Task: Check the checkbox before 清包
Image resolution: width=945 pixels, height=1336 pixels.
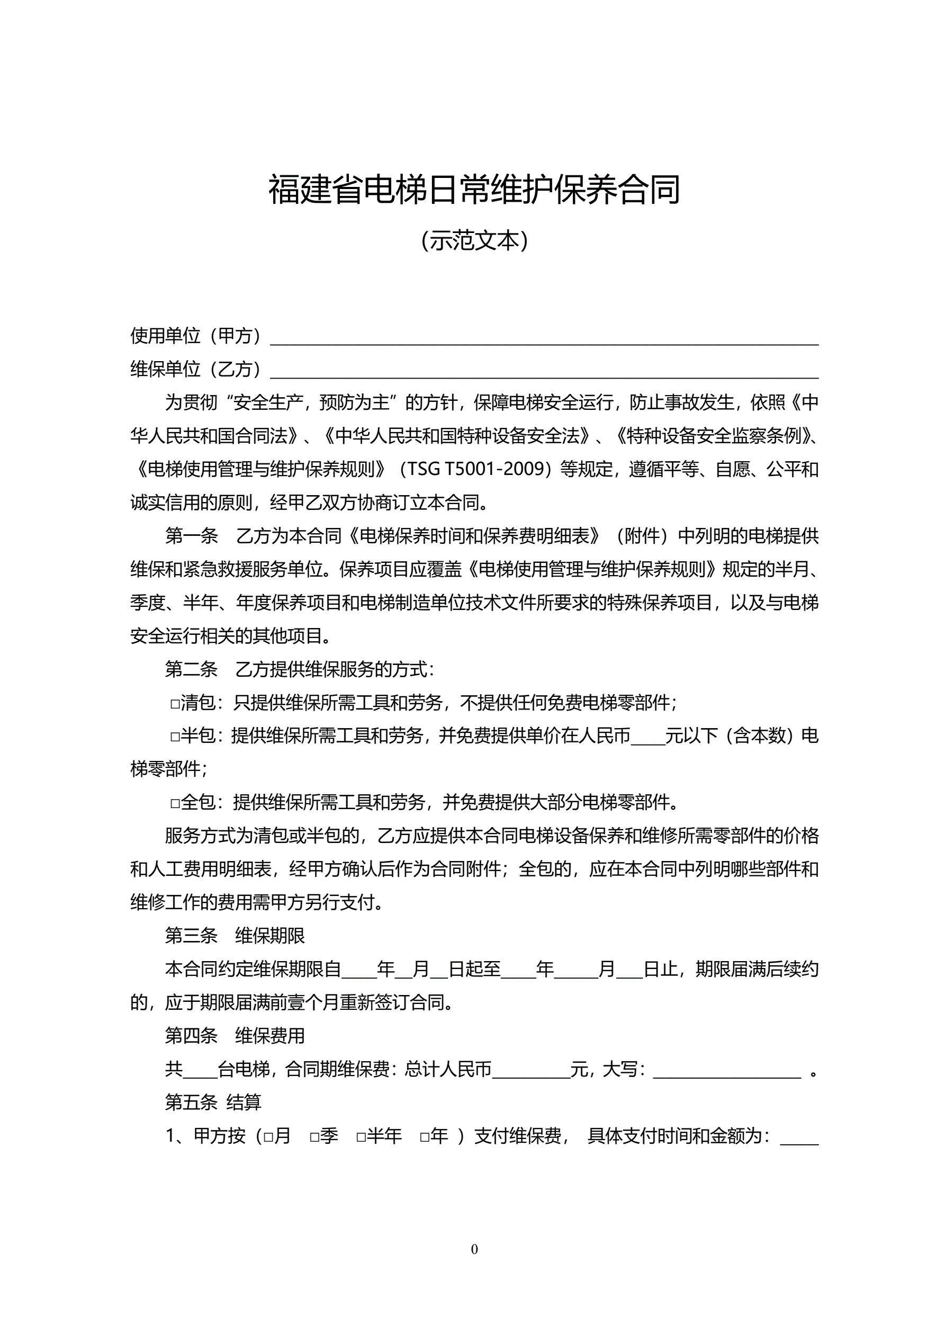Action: coord(175,704)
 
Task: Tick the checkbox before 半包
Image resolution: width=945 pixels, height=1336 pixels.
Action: coord(175,737)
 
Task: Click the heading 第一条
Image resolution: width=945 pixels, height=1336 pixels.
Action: coord(191,536)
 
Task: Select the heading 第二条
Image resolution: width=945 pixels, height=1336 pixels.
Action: coord(191,669)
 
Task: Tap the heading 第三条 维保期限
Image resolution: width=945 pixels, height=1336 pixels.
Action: coord(235,936)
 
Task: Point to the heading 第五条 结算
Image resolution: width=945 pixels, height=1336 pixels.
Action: coord(213,1102)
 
